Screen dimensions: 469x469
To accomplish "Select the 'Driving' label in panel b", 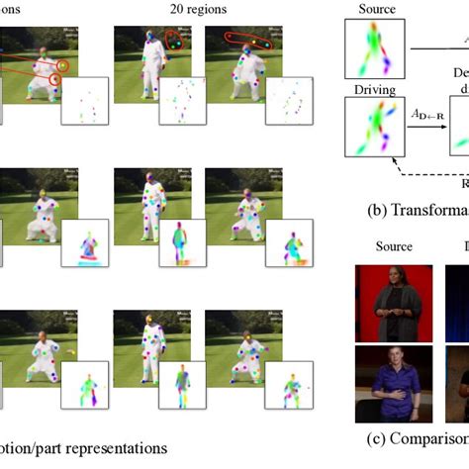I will (x=370, y=90).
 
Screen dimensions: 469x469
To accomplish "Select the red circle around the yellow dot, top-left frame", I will (x=62, y=66).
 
